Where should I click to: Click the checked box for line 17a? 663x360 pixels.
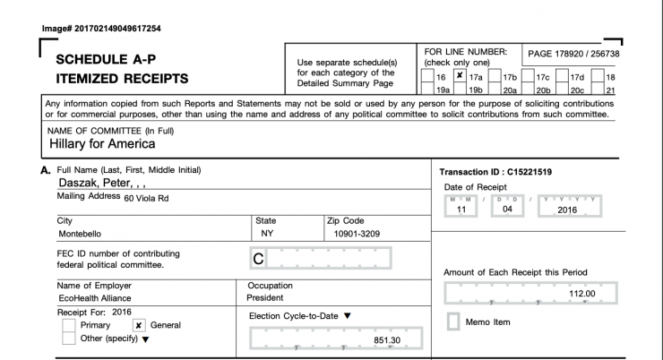point(460,76)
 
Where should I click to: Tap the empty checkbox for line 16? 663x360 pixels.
point(429,76)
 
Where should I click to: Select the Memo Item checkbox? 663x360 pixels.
point(453,321)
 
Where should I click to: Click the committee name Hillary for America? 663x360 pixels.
point(102,143)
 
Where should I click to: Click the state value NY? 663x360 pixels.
point(266,235)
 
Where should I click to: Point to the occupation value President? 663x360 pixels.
point(266,298)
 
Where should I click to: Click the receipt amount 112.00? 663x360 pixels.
point(581,293)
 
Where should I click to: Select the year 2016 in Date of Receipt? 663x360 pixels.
point(567,210)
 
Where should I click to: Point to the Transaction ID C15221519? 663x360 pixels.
point(495,171)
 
